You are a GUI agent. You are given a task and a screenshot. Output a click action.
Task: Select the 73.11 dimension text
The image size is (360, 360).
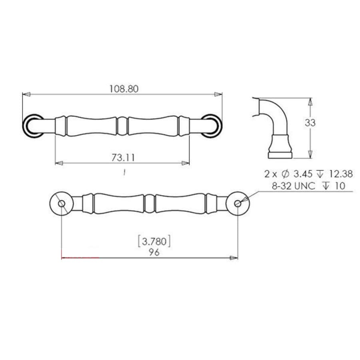click(x=122, y=158)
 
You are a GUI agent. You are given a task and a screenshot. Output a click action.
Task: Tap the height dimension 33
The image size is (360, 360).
click(x=310, y=123)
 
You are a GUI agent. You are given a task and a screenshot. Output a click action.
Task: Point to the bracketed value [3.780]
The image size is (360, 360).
click(x=154, y=241)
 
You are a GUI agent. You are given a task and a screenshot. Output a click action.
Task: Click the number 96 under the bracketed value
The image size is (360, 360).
click(x=154, y=252)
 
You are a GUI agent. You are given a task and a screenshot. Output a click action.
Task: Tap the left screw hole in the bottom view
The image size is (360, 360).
click(x=62, y=204)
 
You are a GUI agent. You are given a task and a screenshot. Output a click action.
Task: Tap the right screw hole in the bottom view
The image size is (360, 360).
click(x=238, y=204)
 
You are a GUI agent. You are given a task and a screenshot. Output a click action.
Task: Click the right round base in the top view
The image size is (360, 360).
click(x=212, y=126)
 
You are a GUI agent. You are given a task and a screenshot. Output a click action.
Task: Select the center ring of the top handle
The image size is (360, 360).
click(x=122, y=126)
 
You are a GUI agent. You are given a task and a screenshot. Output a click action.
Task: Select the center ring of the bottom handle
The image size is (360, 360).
click(x=150, y=204)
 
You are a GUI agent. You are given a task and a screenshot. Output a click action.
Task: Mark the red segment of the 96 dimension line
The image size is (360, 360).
click(x=80, y=258)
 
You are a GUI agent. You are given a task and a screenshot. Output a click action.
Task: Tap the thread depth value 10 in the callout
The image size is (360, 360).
click(x=340, y=186)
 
